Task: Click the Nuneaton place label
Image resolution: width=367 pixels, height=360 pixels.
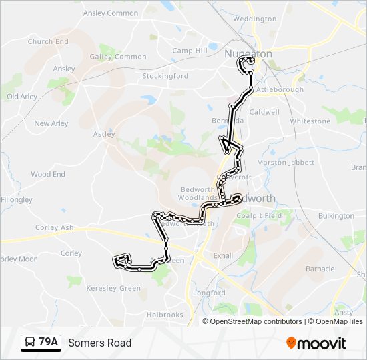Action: click(248, 53)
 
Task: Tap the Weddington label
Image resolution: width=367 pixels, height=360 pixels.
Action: click(254, 19)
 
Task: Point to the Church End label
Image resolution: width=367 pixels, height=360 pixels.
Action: click(48, 41)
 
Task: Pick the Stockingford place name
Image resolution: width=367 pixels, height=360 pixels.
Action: click(165, 76)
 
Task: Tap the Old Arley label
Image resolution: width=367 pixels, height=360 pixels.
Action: click(22, 97)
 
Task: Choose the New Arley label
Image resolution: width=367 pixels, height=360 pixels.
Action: click(51, 123)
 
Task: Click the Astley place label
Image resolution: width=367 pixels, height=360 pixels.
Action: click(104, 134)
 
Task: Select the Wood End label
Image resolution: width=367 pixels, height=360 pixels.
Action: click(48, 175)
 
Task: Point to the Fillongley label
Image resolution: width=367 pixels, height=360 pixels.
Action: click(17, 199)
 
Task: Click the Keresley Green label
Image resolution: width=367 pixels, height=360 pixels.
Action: click(117, 289)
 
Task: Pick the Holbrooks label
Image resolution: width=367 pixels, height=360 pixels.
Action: click(165, 315)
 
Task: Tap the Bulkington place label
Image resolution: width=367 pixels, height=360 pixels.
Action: click(336, 216)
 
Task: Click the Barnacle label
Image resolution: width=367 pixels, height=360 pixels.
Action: click(320, 269)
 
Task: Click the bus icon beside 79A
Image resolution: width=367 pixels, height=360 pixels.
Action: click(31, 343)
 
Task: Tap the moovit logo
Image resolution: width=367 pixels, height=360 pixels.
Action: click(316, 343)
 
